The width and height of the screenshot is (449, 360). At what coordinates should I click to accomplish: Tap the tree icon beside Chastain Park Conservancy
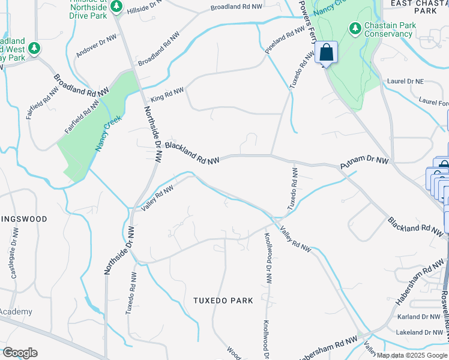(355, 28)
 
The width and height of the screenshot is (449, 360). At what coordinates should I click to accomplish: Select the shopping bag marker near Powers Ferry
(327, 53)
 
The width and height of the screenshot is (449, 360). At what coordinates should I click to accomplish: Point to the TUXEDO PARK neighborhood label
(223, 300)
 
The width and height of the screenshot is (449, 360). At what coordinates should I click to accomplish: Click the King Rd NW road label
(167, 93)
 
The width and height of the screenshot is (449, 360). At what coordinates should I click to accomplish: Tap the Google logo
(20, 353)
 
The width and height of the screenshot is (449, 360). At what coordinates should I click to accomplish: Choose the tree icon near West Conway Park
(35, 47)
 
